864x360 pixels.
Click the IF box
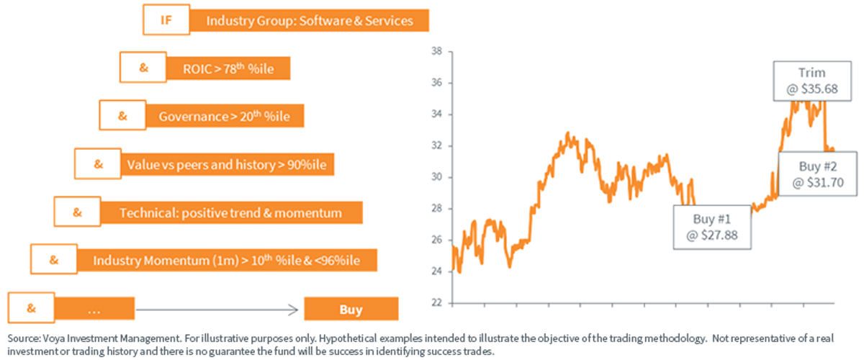166,19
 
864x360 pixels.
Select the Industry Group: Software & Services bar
310,20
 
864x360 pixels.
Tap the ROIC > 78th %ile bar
228,68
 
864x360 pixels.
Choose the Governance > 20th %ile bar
225,116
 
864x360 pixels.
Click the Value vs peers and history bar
228,164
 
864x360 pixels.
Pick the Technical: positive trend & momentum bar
231,212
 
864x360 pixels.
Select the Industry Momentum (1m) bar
227,260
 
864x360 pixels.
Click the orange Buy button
351,309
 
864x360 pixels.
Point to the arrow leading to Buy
217,310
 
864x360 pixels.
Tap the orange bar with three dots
94,309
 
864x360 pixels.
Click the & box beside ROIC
143,68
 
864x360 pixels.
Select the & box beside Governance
122,115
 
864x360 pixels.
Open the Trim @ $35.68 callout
812,81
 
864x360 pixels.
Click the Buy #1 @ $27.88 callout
712,227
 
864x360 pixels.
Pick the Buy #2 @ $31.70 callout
818,174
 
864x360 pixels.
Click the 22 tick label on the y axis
436,303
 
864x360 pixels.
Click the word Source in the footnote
24,338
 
